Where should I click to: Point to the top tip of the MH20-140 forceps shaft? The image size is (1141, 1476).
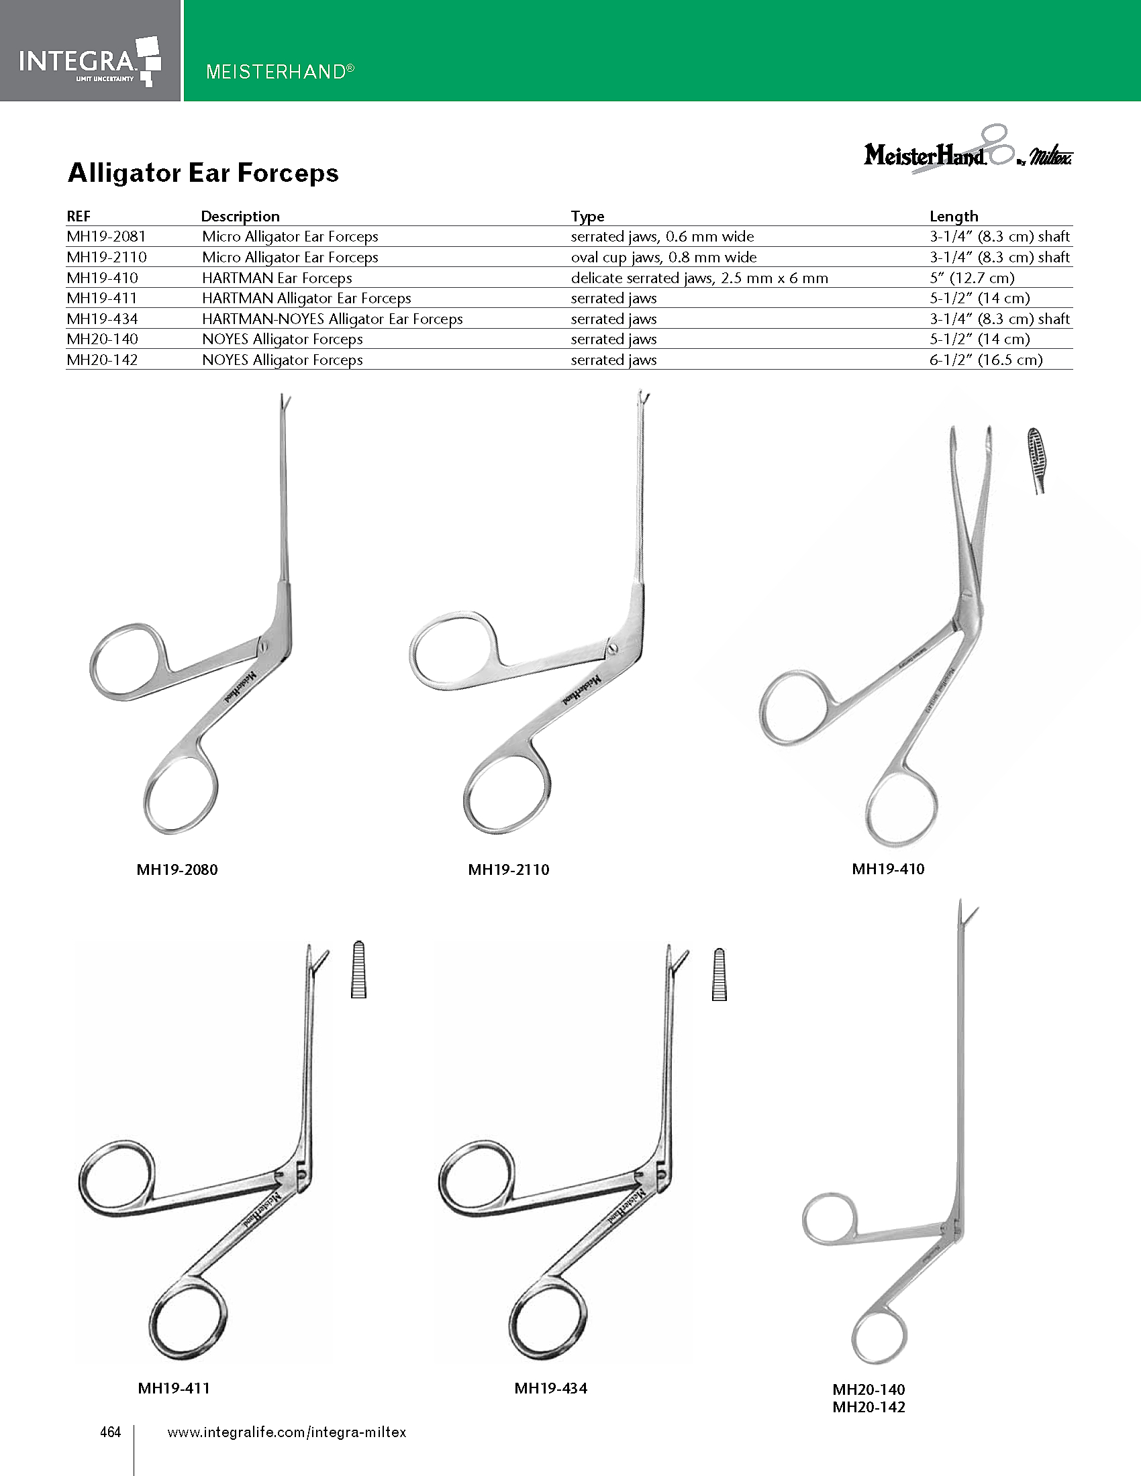[960, 900]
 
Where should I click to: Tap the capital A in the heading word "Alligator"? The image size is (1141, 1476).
[79, 174]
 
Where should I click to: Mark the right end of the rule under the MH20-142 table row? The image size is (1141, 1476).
[1073, 369]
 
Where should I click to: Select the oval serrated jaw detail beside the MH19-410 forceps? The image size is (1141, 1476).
[1038, 460]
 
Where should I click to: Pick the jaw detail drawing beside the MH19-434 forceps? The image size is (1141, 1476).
[720, 974]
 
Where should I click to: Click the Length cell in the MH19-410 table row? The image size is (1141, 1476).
[971, 278]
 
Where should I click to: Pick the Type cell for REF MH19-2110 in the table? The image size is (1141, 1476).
[663, 258]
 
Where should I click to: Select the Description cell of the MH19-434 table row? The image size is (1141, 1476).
[332, 319]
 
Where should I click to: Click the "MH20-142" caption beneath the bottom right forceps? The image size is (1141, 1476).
[869, 1407]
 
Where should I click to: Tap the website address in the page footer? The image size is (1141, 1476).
[287, 1432]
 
